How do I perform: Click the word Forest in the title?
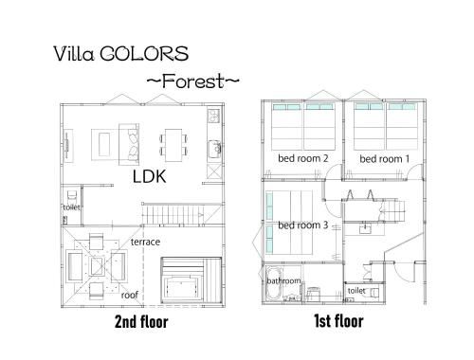pyautogui.click(x=193, y=81)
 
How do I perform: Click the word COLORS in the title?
pyautogui.click(x=144, y=54)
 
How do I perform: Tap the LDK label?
pyautogui.click(x=149, y=176)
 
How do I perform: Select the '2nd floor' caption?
pyautogui.click(x=141, y=322)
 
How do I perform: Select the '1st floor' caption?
pyautogui.click(x=338, y=321)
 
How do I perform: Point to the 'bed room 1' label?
pyautogui.click(x=384, y=159)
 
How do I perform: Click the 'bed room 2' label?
pyautogui.click(x=303, y=158)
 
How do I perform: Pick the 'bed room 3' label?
pyautogui.click(x=303, y=225)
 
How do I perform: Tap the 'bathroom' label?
pyautogui.click(x=283, y=280)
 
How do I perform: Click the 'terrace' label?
pyautogui.click(x=145, y=242)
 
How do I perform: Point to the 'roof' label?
pyautogui.click(x=130, y=296)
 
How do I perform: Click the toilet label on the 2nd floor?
pyautogui.click(x=71, y=207)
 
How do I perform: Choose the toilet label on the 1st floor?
pyautogui.click(x=356, y=290)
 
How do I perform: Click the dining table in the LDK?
pyautogui.click(x=173, y=145)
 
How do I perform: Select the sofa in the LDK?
pyautogui.click(x=129, y=144)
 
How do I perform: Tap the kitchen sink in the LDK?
pyautogui.click(x=215, y=149)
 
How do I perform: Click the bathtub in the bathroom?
pyautogui.click(x=274, y=284)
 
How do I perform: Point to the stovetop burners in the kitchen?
pyautogui.click(x=214, y=116)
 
